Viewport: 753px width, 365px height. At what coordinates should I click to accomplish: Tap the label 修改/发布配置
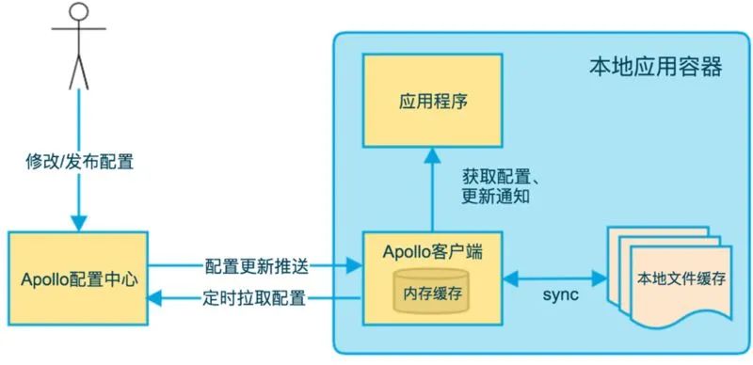point(79,162)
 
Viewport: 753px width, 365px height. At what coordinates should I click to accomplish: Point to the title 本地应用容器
point(643,67)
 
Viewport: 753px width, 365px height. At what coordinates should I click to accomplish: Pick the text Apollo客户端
point(434,251)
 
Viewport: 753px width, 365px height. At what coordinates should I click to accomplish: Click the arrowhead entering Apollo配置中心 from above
point(78,223)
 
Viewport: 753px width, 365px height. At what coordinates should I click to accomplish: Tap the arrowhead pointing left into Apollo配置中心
point(157,301)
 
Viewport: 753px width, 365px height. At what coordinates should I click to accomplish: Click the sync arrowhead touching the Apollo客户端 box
point(511,279)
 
